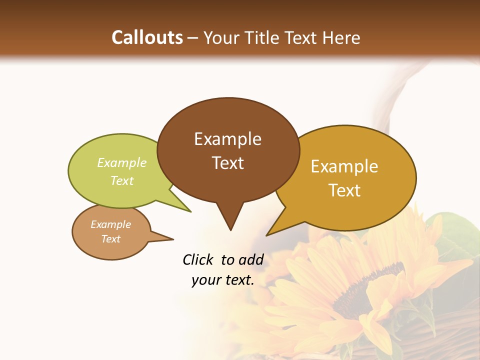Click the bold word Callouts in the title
(x=147, y=37)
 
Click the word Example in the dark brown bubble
(x=227, y=139)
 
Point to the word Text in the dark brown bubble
(x=227, y=163)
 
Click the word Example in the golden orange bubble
(x=344, y=166)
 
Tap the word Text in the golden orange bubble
(x=345, y=190)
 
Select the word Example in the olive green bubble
(x=122, y=163)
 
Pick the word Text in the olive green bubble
(x=122, y=180)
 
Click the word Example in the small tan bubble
(x=110, y=224)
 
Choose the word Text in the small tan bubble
(x=110, y=239)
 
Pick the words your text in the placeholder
(x=223, y=280)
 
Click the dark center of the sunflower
(x=365, y=290)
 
